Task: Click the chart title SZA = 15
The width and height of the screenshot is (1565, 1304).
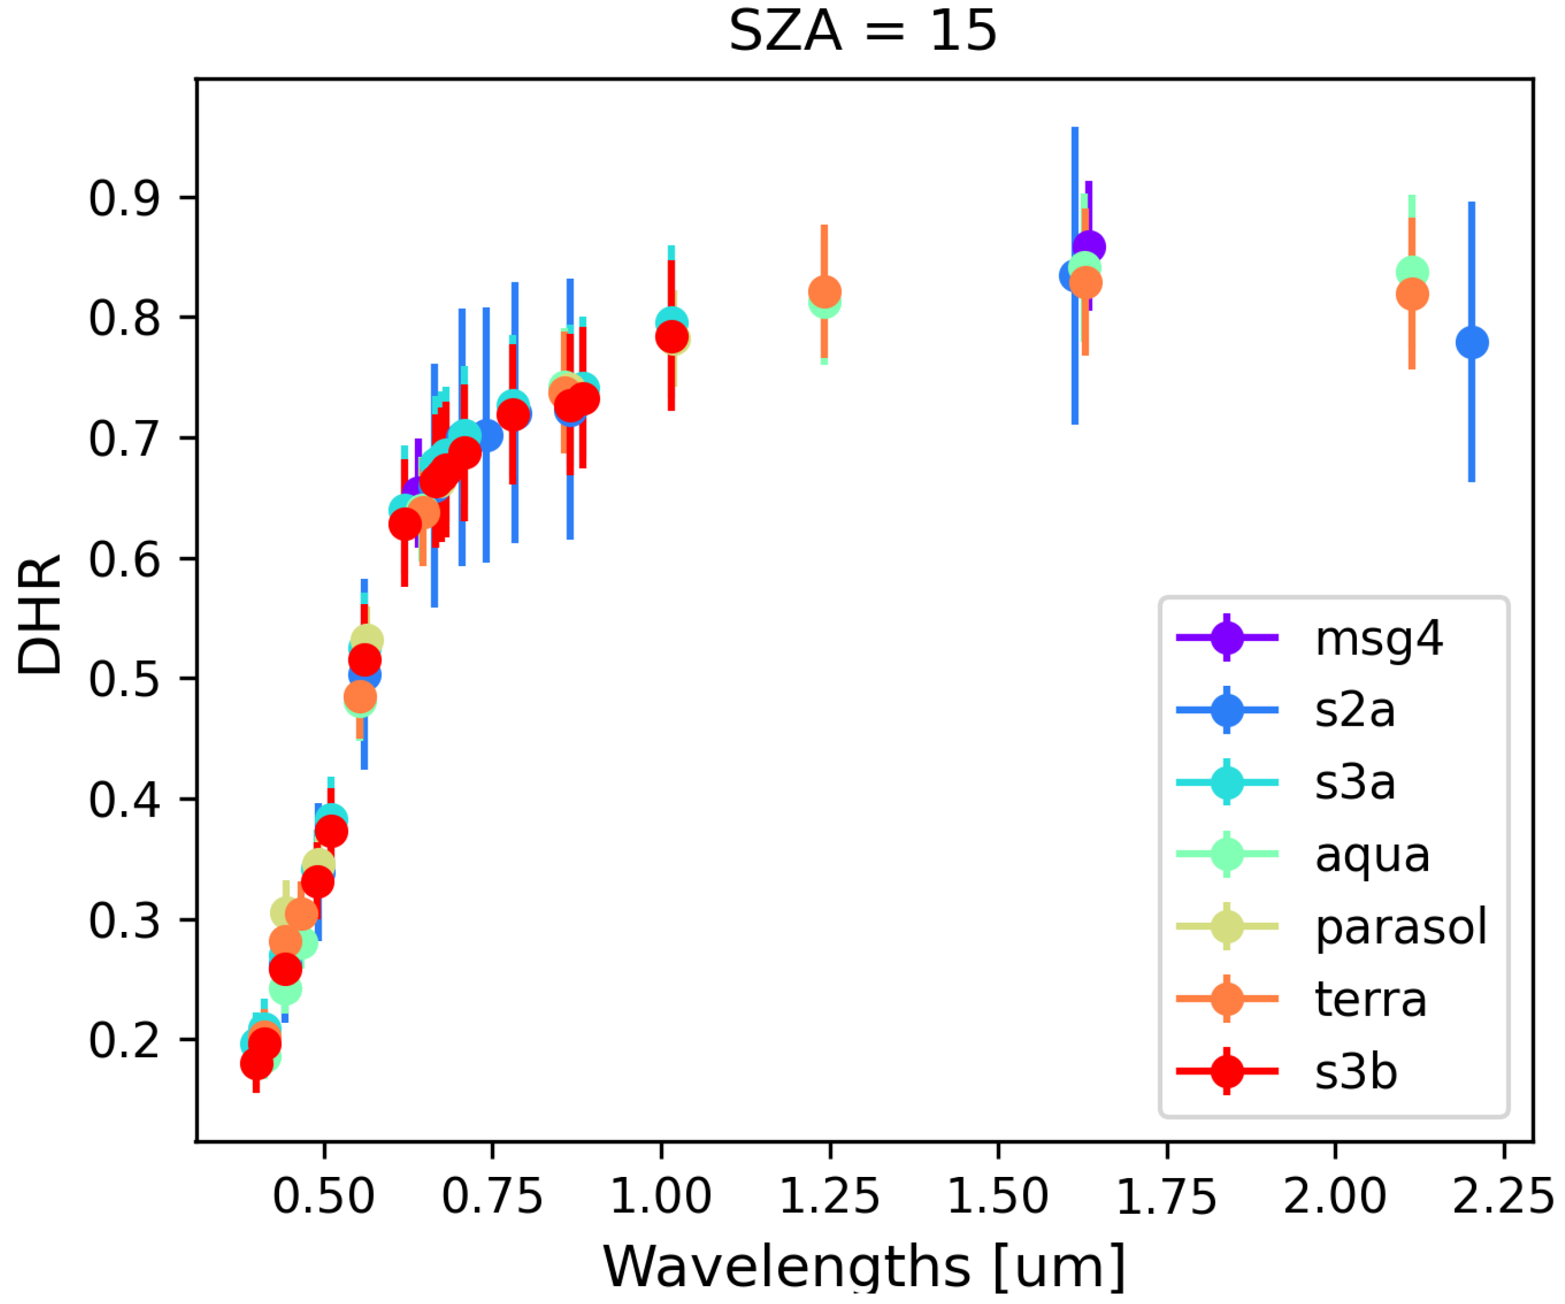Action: (x=862, y=31)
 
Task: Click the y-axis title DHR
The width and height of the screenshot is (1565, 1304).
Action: (x=39, y=615)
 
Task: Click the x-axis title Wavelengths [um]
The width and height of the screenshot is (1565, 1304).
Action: (x=864, y=1267)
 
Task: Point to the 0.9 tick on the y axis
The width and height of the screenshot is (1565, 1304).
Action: (x=124, y=198)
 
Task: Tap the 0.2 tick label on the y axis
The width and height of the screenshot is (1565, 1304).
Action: (x=124, y=1040)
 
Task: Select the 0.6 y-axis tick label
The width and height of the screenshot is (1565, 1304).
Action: (x=124, y=559)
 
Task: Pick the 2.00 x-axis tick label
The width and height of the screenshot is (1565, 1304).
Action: (x=1335, y=1196)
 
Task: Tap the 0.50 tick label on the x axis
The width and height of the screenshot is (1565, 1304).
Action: (x=323, y=1196)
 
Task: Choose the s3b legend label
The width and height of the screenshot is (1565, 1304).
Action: (x=1356, y=1071)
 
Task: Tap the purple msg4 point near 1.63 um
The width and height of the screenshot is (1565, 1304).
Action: (x=1089, y=247)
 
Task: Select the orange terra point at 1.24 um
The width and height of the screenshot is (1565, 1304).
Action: (x=824, y=292)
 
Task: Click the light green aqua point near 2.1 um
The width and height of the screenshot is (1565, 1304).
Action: (x=1412, y=271)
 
